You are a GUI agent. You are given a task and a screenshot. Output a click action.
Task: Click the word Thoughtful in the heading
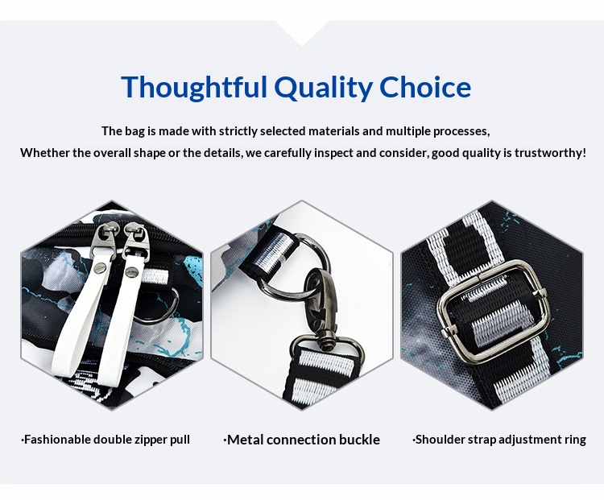194,88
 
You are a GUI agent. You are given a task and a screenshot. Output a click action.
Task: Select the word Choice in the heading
425,87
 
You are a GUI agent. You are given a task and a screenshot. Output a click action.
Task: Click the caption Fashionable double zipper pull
105,440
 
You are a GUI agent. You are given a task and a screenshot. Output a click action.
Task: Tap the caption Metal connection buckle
302,440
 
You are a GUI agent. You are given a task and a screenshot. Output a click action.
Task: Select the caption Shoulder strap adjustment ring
499,440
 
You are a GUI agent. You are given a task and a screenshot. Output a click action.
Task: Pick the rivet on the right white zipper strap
132,272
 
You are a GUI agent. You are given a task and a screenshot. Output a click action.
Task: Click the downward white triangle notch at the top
302,32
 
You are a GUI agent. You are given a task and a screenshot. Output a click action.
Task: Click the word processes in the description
461,131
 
